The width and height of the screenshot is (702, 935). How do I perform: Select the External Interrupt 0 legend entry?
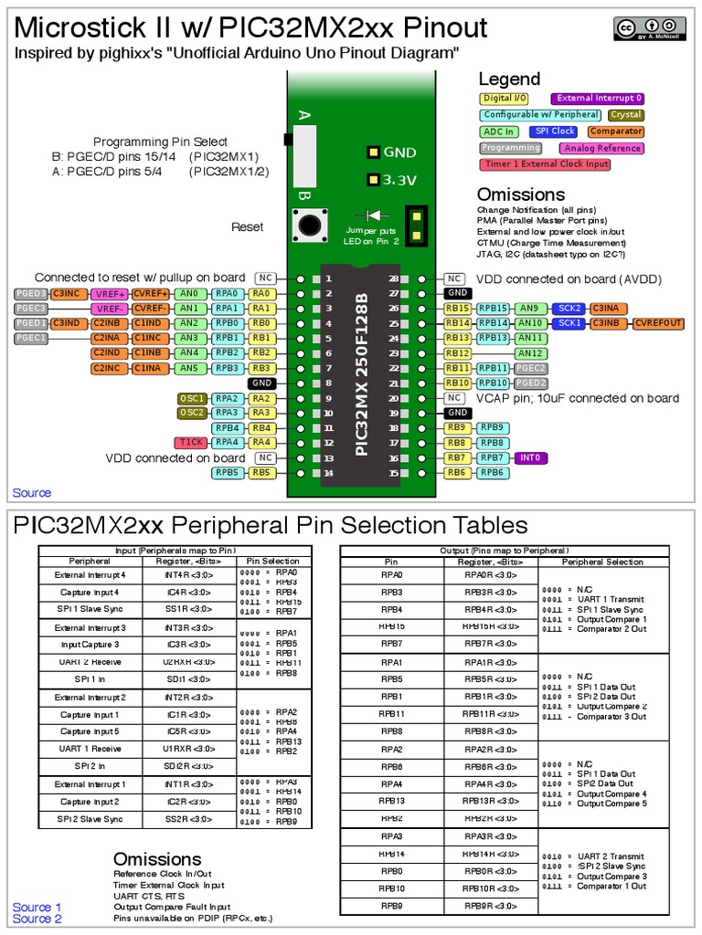(x=598, y=99)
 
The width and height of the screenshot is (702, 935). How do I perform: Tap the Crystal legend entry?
(x=626, y=115)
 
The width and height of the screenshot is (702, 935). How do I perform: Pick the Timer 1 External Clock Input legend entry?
(x=545, y=164)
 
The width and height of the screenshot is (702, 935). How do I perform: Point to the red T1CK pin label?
(x=191, y=443)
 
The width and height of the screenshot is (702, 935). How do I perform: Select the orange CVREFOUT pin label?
(x=659, y=323)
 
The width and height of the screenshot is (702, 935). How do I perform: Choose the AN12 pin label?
(x=529, y=353)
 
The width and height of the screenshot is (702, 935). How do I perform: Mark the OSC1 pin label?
(x=193, y=398)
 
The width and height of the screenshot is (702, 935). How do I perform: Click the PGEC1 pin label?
(x=30, y=338)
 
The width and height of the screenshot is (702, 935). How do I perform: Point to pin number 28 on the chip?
(x=394, y=278)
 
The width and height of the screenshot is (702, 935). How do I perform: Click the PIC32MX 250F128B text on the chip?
(x=362, y=374)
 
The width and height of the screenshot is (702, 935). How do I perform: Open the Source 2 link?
(x=37, y=919)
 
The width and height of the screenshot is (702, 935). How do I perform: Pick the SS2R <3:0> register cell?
(x=189, y=819)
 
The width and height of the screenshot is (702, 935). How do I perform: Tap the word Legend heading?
(x=509, y=79)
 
